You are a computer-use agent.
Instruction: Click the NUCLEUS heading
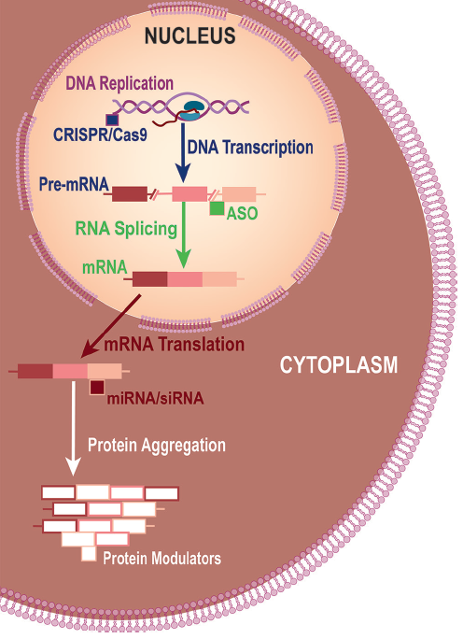click(190, 35)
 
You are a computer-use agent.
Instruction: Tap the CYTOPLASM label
click(339, 364)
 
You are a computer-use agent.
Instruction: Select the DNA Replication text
click(119, 83)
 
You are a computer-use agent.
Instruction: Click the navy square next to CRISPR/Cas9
click(112, 120)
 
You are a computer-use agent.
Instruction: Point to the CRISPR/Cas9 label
click(100, 135)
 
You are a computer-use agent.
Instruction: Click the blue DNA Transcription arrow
click(183, 153)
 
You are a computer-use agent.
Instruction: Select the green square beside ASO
click(217, 208)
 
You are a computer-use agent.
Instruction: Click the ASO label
click(242, 213)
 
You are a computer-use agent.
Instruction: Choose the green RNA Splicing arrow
click(183, 235)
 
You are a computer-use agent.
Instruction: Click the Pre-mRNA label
click(74, 185)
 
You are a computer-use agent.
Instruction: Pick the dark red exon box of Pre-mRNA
click(130, 194)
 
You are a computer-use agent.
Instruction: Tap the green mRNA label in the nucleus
click(105, 267)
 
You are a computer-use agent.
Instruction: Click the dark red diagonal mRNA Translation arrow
click(111, 326)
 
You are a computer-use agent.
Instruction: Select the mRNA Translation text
click(175, 345)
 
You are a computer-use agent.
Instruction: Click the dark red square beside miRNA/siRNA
click(97, 387)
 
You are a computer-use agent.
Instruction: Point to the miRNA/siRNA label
click(155, 398)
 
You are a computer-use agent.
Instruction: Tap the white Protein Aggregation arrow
click(73, 428)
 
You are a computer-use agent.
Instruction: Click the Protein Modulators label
click(162, 559)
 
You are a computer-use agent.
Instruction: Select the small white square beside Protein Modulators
click(89, 554)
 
